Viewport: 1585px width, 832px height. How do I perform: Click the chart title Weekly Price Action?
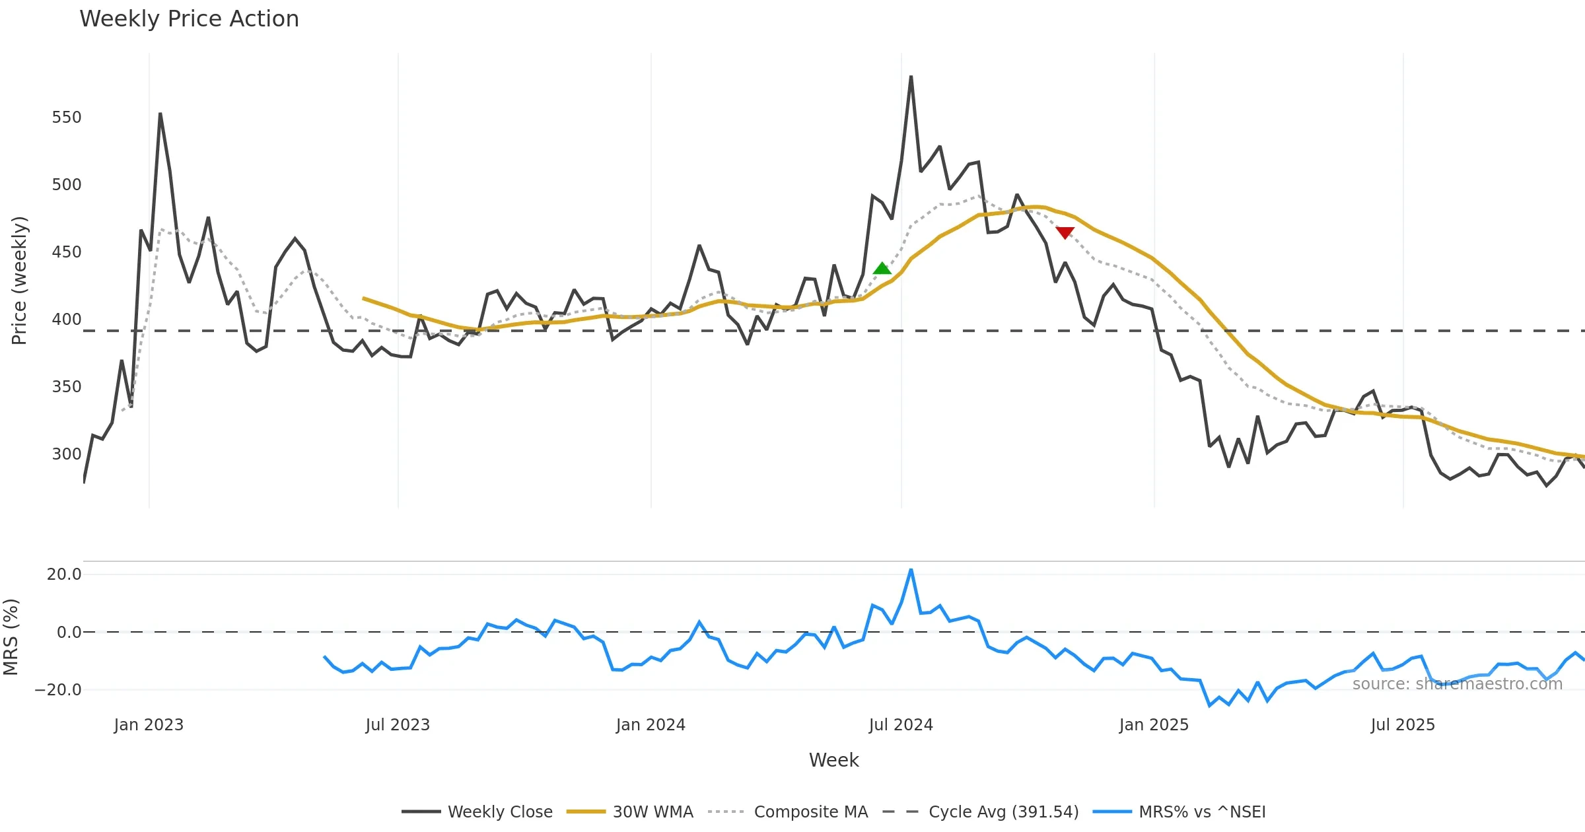coord(189,19)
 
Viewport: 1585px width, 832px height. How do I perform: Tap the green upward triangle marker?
coord(882,268)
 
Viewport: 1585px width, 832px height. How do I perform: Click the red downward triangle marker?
coord(1065,232)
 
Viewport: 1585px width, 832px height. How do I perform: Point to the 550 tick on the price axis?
coord(67,118)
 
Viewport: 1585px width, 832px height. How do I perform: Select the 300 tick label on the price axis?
coord(67,454)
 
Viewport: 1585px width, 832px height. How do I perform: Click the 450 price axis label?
coord(67,252)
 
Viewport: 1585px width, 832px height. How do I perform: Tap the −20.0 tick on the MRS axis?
coord(58,690)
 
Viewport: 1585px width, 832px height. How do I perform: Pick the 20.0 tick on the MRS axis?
coord(64,574)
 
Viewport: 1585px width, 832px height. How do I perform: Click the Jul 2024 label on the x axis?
coord(901,725)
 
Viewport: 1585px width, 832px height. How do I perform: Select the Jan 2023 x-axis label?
coord(149,725)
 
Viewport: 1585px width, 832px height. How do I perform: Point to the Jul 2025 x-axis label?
coord(1403,725)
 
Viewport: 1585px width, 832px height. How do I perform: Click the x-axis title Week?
coord(833,760)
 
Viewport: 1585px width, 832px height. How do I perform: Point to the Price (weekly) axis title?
coord(19,281)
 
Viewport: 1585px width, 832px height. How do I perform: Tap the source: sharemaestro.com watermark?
coord(1457,684)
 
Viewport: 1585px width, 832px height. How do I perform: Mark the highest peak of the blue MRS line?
coord(911,570)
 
